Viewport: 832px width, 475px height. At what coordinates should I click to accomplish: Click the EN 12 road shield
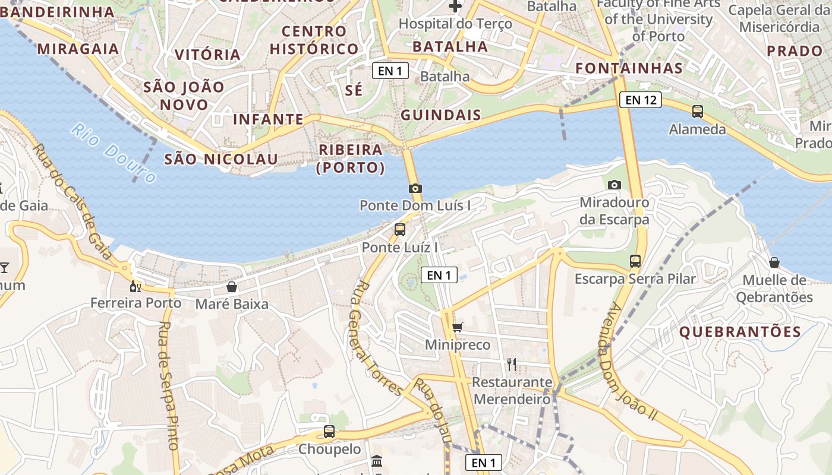641,100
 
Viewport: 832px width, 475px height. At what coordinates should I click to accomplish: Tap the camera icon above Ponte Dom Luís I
415,188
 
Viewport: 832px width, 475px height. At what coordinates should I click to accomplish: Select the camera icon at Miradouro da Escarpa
614,185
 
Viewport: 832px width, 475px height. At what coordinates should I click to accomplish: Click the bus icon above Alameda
698,111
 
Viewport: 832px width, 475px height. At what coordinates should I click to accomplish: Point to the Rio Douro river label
113,153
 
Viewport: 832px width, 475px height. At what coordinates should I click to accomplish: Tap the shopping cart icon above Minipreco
458,327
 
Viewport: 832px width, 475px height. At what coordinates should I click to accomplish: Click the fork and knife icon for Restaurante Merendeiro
512,364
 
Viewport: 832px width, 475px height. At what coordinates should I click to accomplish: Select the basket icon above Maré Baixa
232,287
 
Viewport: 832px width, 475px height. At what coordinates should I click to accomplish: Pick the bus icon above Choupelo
329,432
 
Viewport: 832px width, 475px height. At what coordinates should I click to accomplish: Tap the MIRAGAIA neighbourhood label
78,49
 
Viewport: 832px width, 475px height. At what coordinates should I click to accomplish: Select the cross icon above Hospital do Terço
455,7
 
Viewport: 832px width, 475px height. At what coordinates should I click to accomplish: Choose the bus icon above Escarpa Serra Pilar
635,261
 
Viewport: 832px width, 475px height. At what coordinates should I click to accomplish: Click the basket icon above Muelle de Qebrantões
774,262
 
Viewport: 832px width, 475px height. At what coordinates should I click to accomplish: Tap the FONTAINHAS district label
629,68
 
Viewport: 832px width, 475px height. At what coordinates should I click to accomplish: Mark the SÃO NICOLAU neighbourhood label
221,159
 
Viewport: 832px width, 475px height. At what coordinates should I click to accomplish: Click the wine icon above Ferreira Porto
135,286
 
